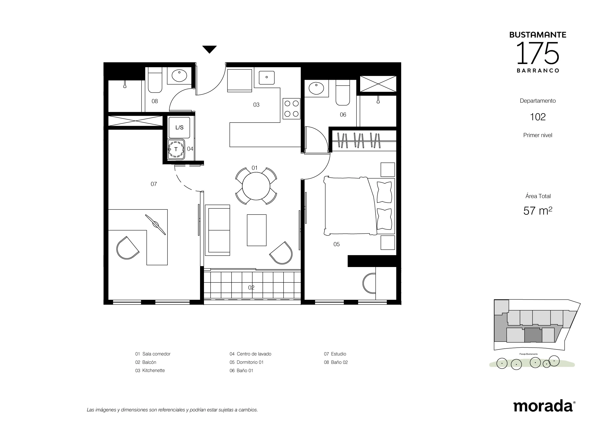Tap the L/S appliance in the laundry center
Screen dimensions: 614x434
(x=179, y=128)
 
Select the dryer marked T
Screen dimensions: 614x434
(x=176, y=149)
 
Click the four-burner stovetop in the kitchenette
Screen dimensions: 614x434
(x=291, y=109)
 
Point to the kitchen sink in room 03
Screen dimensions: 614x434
(x=267, y=78)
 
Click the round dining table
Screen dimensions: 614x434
(x=256, y=186)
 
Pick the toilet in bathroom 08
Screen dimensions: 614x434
(x=155, y=80)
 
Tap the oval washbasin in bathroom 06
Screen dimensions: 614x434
(x=316, y=88)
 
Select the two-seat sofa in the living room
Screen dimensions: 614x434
(x=217, y=230)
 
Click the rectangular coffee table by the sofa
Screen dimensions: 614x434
(x=257, y=230)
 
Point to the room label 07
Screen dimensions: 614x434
(x=154, y=184)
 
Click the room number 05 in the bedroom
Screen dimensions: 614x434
(x=337, y=244)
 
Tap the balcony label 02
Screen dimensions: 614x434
(x=251, y=287)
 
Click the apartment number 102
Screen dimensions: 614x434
(x=538, y=117)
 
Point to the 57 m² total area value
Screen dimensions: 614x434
(x=538, y=211)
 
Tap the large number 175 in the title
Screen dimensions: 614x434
(x=538, y=53)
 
